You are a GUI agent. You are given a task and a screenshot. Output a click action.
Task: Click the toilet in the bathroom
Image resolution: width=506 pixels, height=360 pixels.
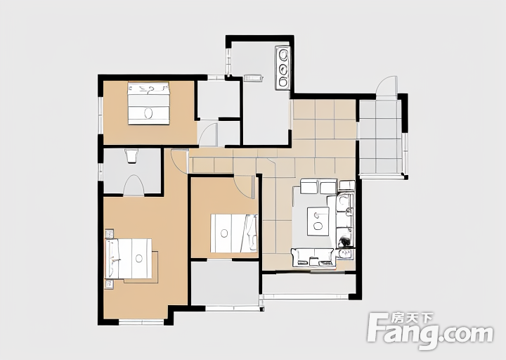point(131,156)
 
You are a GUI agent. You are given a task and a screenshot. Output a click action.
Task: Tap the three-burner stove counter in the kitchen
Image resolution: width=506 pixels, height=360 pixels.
point(283,67)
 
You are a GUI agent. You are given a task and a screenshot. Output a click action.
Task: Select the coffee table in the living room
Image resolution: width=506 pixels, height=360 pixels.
point(318,221)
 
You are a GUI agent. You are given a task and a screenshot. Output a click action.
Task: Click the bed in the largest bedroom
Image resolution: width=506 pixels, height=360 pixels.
point(129,259)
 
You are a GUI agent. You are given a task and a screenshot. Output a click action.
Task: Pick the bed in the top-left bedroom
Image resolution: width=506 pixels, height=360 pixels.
point(148,103)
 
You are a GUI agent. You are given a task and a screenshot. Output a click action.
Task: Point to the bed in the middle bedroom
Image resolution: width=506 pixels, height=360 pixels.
point(234,233)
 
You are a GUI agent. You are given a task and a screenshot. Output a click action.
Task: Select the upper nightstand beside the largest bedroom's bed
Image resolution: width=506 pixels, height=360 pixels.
point(110,233)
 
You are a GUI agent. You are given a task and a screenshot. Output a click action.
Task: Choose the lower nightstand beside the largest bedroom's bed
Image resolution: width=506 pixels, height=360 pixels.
point(110,284)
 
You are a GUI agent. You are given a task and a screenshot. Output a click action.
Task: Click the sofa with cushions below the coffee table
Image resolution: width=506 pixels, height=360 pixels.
point(313,257)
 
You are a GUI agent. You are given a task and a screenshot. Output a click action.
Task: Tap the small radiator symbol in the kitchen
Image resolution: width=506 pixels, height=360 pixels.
point(253,78)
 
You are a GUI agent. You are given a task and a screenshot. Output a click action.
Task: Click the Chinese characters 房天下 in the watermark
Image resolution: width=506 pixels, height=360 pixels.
point(412,319)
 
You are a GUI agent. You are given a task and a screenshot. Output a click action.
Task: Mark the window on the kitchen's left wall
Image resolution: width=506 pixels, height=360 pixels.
point(228,62)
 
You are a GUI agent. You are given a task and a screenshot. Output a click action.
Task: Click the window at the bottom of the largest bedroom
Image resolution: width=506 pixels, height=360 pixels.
point(141,322)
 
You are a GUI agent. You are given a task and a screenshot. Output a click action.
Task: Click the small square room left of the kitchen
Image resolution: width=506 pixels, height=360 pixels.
point(218,99)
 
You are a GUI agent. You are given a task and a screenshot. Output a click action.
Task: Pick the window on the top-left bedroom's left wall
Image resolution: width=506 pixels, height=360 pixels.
point(100,115)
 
